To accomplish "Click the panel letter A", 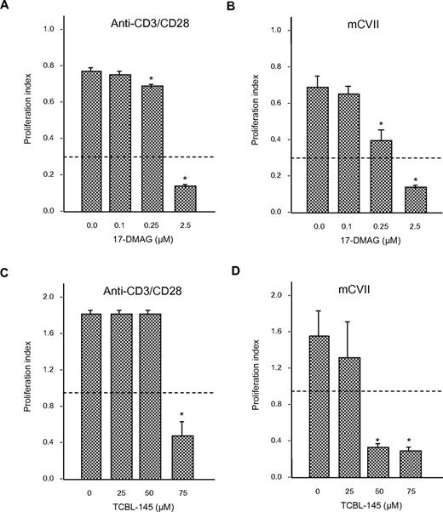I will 6,8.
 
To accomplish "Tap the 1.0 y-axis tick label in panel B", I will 275,29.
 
